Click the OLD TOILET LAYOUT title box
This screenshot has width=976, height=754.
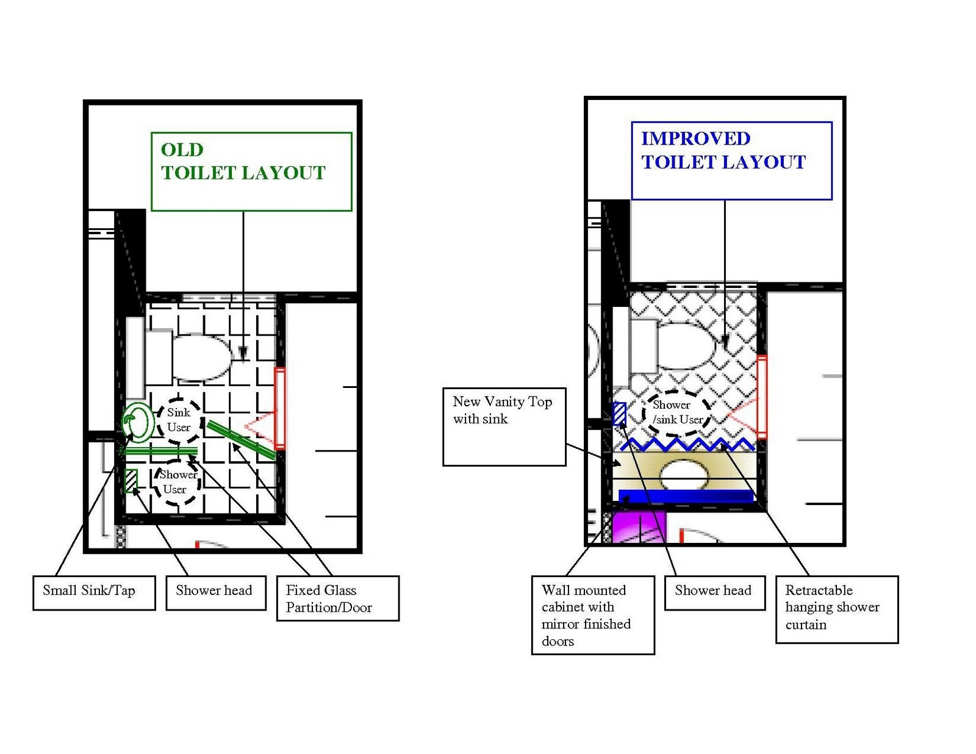pos(251,171)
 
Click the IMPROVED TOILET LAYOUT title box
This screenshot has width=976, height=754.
pos(731,160)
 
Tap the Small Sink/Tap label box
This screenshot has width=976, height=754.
pos(94,592)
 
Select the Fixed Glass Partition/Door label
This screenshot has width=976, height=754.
pos(337,598)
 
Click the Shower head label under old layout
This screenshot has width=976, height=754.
pos(216,592)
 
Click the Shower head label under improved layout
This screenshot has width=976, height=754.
pos(714,592)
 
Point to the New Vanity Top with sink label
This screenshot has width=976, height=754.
pos(504,426)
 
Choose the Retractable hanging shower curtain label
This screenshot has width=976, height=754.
pos(836,609)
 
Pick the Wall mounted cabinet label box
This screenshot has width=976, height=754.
pos(592,615)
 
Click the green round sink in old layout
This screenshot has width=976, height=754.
pos(138,422)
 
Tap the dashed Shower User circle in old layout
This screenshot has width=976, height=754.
pos(177,483)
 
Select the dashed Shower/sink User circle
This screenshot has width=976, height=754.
pos(676,413)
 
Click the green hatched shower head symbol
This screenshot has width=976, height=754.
pos(131,480)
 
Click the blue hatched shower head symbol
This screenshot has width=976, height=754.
pos(619,414)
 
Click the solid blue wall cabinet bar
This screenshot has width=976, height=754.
pos(686,496)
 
